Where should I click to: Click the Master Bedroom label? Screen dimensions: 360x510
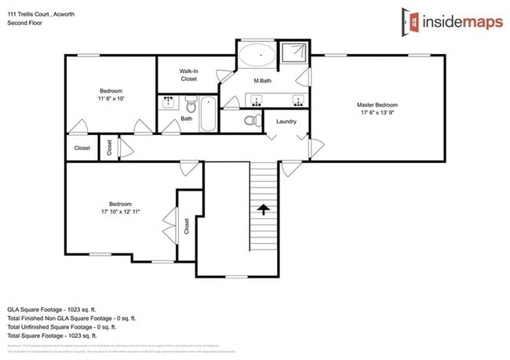point(377,105)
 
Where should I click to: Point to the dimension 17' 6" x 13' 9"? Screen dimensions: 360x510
point(377,114)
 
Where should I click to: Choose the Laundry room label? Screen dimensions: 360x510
point(286,122)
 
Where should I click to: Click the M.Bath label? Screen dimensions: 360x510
point(262,82)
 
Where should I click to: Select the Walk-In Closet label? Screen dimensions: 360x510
point(188,75)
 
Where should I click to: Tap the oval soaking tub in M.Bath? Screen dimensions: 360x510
point(256,56)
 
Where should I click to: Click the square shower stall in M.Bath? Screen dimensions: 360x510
point(294,54)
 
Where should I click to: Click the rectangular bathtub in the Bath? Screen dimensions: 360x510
point(208,114)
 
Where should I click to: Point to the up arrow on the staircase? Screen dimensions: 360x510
point(264,209)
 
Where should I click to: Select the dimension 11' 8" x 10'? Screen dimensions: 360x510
point(110,99)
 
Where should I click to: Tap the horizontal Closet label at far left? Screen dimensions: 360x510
point(82,148)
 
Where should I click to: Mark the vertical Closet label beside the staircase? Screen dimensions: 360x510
point(187,227)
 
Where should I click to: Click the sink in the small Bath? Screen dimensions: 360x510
point(169,102)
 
